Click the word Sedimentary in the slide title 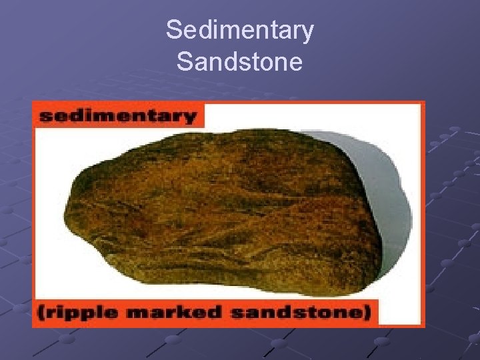tap(239, 31)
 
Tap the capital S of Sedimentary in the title tap(173, 30)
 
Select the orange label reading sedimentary tap(118, 116)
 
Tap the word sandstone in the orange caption tap(294, 313)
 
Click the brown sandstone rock tap(227, 213)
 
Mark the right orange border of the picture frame tap(422, 213)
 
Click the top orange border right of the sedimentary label tap(313, 103)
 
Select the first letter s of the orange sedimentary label tap(45, 117)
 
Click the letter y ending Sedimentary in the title tap(307, 33)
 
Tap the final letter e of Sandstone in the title tap(295, 64)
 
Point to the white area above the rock tap(280, 123)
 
